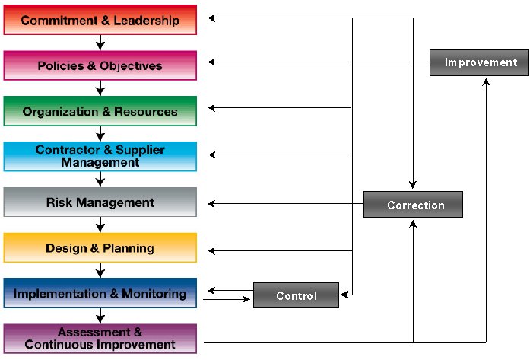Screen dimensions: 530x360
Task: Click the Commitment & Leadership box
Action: tap(100, 20)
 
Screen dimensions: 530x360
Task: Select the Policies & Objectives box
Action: tap(100, 65)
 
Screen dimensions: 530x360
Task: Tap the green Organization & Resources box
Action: tap(100, 111)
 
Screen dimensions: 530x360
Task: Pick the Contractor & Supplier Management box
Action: tap(100, 156)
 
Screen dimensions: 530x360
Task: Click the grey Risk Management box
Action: tap(100, 202)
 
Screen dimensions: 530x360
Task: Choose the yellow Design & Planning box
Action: tap(100, 247)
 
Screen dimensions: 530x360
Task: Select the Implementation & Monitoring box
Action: tap(100, 293)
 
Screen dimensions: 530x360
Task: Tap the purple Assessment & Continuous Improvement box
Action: tap(100, 339)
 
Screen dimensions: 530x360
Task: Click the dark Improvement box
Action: tap(479, 62)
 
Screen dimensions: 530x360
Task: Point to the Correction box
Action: tap(413, 205)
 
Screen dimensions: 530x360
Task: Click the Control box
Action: tap(296, 295)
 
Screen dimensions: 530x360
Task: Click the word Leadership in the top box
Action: tap(146, 21)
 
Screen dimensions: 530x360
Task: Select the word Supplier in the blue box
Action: tap(140, 150)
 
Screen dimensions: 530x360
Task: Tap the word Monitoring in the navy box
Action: tap(154, 294)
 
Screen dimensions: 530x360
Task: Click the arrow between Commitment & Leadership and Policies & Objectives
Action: tap(100, 43)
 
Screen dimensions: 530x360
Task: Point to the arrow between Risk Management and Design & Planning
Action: tap(100, 225)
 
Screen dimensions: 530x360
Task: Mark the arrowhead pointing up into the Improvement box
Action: tap(486, 82)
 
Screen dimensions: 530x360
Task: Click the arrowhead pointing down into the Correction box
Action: tap(413, 185)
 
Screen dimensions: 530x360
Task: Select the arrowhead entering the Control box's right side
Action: tap(344, 295)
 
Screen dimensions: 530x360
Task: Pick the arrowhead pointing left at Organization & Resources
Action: tap(211, 108)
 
